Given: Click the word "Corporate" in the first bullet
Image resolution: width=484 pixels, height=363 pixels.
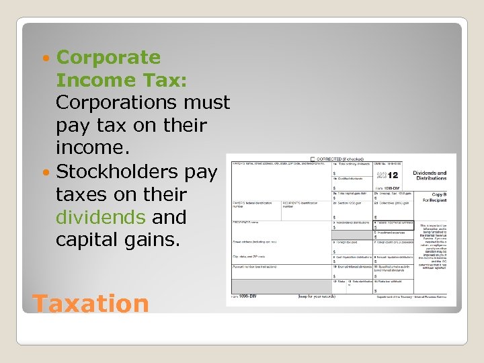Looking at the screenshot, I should [108, 58].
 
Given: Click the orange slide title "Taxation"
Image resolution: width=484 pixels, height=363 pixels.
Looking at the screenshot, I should [90, 303].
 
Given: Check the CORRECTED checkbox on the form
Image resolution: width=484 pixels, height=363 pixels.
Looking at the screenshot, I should [312, 159].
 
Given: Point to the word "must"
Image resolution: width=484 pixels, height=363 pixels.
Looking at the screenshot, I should [209, 103].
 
